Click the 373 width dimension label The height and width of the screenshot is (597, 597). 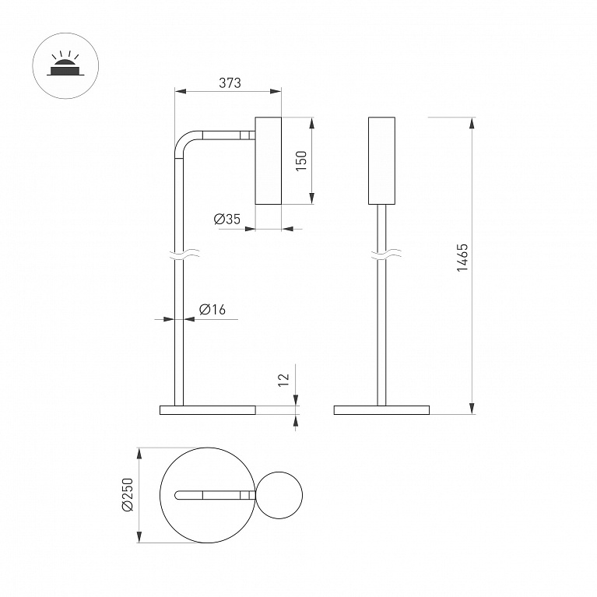coord(230,83)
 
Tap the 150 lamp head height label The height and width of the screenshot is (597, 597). coord(301,160)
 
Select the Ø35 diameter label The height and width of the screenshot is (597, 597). coord(227,219)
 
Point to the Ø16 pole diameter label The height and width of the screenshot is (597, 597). coord(212,310)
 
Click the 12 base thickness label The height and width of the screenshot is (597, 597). coord(283,380)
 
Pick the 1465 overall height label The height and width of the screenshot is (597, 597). coord(462,258)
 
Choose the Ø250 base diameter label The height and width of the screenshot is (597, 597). coord(127,494)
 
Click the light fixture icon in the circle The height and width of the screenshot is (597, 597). coord(65,65)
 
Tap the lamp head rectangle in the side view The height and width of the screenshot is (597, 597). coord(268,160)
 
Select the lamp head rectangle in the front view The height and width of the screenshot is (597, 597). coord(381,160)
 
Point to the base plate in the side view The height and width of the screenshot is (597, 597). coord(208,410)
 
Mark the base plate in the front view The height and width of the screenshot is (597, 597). coord(381,410)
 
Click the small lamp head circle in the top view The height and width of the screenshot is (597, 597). coord(279,495)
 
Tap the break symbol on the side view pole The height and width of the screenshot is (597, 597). coord(186,255)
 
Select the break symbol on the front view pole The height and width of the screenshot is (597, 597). coord(386,255)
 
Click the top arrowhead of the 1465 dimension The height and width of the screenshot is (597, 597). coord(472,123)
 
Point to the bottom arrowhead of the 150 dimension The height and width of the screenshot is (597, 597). coord(312,198)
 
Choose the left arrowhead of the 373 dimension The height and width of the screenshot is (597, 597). coord(181,91)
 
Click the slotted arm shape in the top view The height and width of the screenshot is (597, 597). coord(215,495)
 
